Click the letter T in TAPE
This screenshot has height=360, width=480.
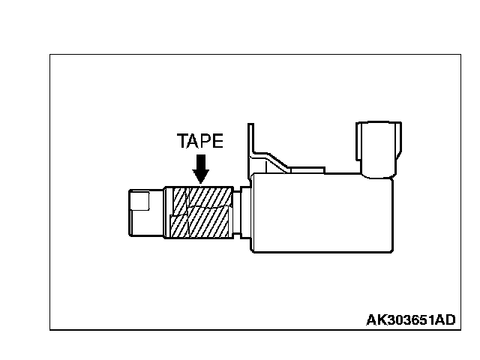click(x=183, y=142)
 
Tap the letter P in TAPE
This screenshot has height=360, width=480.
click(x=208, y=142)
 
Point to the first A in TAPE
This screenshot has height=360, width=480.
click(x=195, y=142)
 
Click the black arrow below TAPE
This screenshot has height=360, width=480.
click(x=200, y=168)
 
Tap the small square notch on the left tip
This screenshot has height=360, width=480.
click(x=138, y=200)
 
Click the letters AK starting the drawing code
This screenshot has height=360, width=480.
click(x=376, y=320)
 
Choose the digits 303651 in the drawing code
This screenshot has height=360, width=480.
click(x=410, y=320)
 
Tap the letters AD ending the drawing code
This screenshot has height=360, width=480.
click(x=445, y=320)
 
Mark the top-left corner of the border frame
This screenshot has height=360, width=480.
click(x=50, y=55)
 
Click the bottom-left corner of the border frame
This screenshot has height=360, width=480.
click(x=50, y=329)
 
